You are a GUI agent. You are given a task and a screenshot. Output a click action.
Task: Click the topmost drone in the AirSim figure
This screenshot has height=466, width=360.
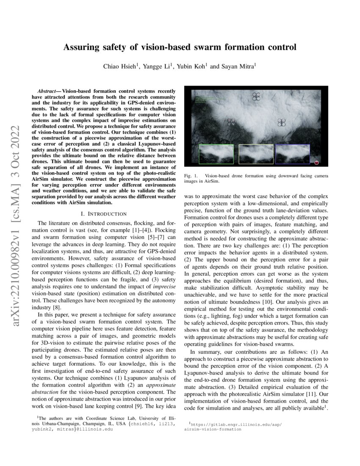click(256, 97)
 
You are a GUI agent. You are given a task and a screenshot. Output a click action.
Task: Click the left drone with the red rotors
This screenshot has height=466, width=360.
click(231, 122)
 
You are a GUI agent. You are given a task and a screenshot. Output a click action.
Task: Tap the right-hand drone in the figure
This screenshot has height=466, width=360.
click(282, 122)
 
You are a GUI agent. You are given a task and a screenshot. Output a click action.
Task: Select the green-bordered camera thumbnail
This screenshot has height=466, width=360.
click(216, 154)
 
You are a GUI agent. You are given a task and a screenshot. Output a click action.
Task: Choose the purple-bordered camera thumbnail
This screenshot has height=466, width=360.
click(293, 154)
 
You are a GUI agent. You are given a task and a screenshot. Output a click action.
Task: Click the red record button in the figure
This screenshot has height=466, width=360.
click(317, 162)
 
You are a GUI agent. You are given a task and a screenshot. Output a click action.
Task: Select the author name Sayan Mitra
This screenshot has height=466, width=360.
click(238, 67)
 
